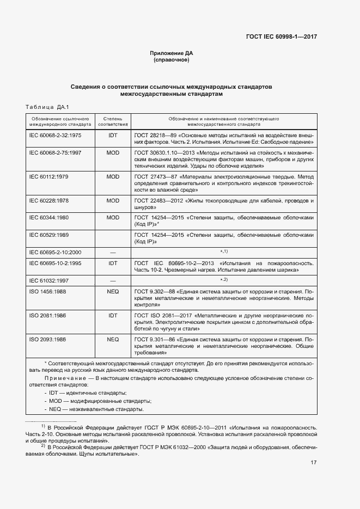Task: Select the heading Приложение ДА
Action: [x=172, y=53]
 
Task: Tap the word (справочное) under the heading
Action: [x=172, y=60]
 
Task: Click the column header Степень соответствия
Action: [x=113, y=121]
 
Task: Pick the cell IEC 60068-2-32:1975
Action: [x=55, y=134]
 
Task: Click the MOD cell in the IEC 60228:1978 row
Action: [x=113, y=201]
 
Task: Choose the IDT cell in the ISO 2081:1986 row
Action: [x=113, y=315]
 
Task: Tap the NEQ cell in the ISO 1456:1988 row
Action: [x=113, y=291]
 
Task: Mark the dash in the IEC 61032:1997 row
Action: [x=113, y=280]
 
